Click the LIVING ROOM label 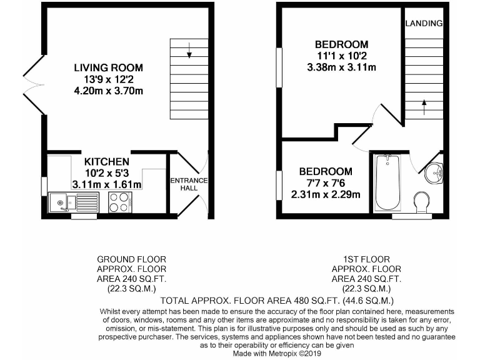coord(108,67)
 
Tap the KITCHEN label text coord(107,162)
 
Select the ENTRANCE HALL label coord(189,184)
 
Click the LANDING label coord(424,24)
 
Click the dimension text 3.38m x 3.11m coord(341,67)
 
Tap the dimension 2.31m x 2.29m coord(325,194)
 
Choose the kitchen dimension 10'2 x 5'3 coord(107,173)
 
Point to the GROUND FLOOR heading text coord(132,259)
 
